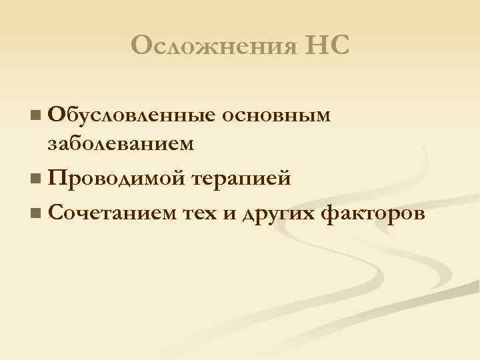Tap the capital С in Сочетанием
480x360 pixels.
56,213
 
